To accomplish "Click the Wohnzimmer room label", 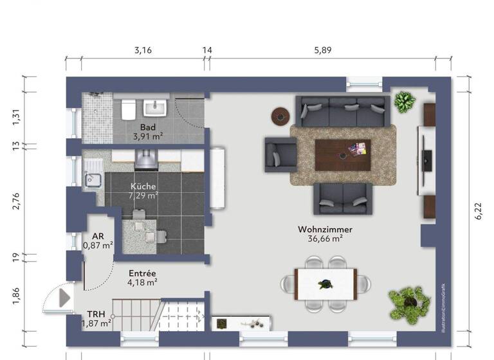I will click(x=325, y=229).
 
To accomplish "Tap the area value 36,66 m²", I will click(x=325, y=239).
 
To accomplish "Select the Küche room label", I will click(x=143, y=186).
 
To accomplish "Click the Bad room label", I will click(x=148, y=127).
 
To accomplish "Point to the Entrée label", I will click(x=142, y=273).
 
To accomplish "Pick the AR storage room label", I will click(x=98, y=236).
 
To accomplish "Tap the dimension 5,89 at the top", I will click(x=322, y=50).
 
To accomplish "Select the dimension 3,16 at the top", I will click(x=142, y=50).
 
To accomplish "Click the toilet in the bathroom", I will click(x=127, y=109).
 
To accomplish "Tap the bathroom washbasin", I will click(x=156, y=107).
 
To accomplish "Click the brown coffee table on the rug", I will click(x=342, y=154).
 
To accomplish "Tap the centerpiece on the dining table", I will click(x=326, y=283).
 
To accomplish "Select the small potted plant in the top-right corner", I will click(x=405, y=101).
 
